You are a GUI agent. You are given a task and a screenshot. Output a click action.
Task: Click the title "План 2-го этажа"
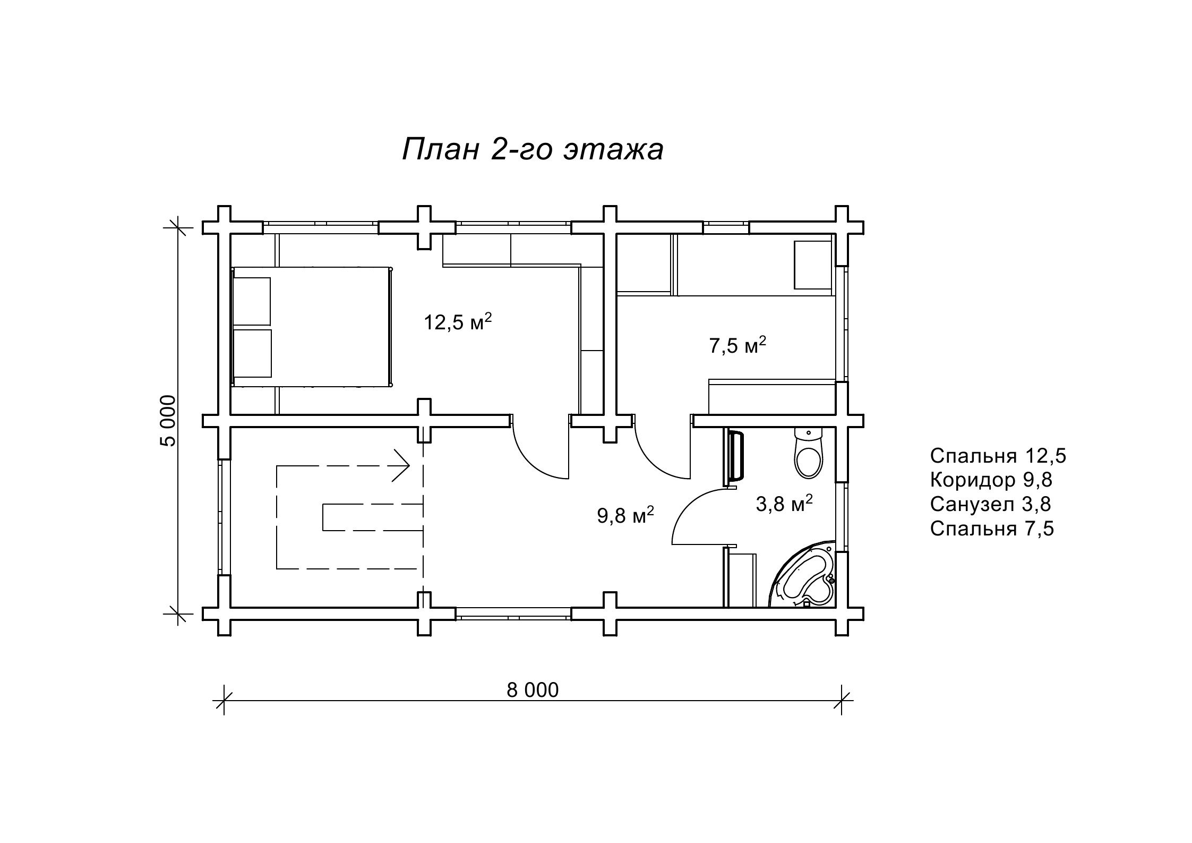coord(533,149)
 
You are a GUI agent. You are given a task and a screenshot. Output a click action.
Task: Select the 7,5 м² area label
coord(738,345)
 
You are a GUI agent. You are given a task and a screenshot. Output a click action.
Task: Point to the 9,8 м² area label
coord(625,515)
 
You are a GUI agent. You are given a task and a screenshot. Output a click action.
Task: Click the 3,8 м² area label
coord(784,504)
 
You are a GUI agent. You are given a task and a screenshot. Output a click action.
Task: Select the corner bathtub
coord(803,575)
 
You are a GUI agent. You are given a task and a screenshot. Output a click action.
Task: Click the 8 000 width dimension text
coord(533,690)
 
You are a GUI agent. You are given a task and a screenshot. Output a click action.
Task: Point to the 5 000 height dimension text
coord(168,421)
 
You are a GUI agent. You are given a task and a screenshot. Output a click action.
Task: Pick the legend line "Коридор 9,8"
coord(991,480)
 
